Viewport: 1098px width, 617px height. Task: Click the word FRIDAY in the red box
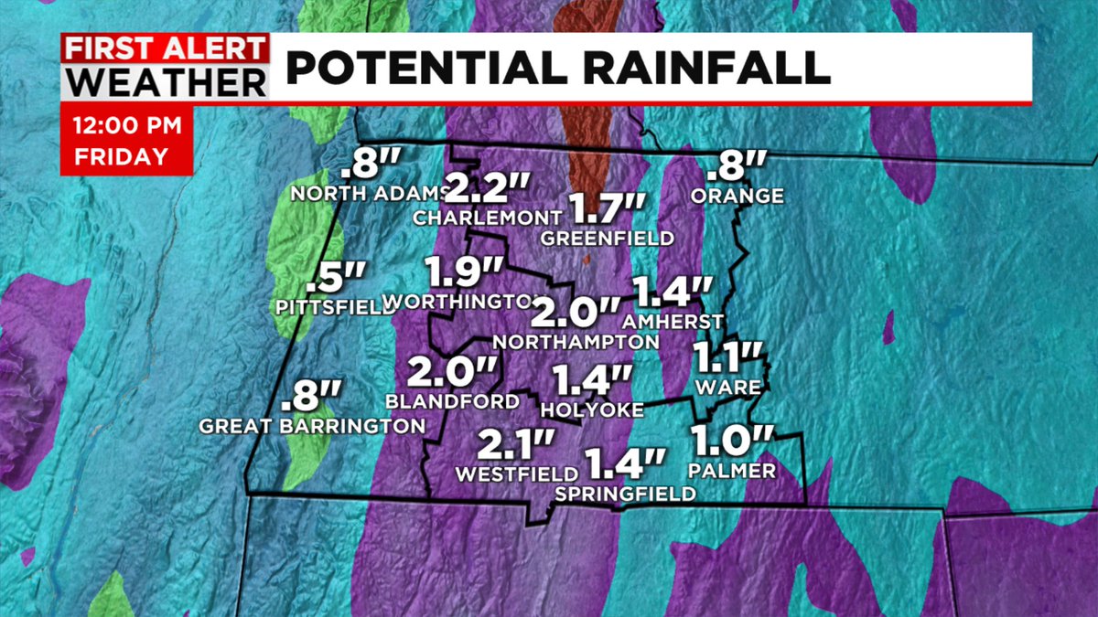pyautogui.click(x=122, y=156)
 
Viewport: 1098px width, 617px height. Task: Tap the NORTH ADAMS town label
pyautogui.click(x=368, y=194)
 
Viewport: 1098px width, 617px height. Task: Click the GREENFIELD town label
pyautogui.click(x=607, y=239)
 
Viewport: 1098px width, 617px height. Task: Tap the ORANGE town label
pyautogui.click(x=737, y=196)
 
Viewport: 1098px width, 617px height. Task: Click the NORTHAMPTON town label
pyautogui.click(x=576, y=342)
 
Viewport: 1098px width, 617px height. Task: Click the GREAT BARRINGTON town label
pyautogui.click(x=312, y=426)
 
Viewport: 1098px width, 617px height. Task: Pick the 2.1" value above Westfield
pyautogui.click(x=516, y=447)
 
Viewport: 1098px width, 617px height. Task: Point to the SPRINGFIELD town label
pyautogui.click(x=625, y=494)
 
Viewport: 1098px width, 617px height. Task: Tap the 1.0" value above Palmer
pyautogui.click(x=733, y=441)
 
